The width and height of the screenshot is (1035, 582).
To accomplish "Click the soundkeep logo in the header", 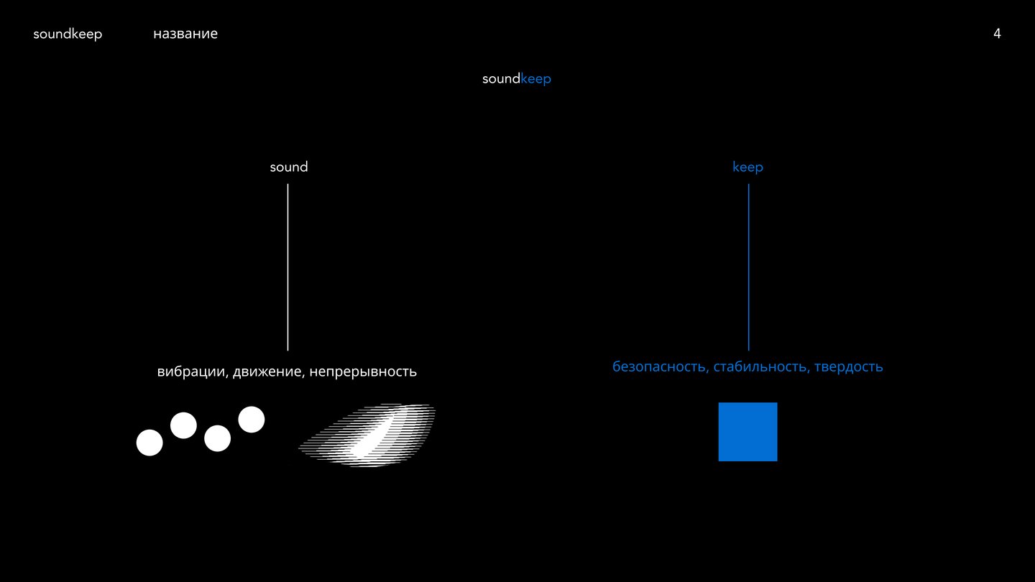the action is coord(68,34).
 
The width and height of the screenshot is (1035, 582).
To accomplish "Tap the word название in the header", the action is coord(185,34).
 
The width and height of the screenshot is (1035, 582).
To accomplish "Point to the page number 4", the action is coord(997,33).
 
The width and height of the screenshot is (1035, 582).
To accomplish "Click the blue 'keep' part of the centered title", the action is coord(536,79).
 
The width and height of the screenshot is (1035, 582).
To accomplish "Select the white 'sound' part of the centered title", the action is coord(502,78).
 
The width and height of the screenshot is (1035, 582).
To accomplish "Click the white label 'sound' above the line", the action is coord(289,167).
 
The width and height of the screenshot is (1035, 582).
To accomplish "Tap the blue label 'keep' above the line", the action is coord(747,167).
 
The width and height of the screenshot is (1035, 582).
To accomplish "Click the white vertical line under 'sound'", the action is coord(287,267).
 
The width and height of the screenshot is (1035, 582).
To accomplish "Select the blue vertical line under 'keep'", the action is coord(748,267).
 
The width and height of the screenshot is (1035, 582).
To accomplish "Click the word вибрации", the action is coord(192,371).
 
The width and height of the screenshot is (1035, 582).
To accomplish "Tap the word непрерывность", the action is coord(363,372).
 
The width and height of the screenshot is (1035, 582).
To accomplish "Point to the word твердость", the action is coord(848,367).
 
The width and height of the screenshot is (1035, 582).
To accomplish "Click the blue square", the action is coord(747,432).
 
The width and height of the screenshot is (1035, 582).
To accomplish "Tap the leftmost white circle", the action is coord(149,443).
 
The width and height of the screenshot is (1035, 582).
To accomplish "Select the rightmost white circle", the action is coord(252,420).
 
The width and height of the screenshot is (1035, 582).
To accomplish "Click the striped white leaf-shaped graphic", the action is coord(367,435).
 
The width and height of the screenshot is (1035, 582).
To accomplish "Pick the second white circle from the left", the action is coord(183,425).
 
